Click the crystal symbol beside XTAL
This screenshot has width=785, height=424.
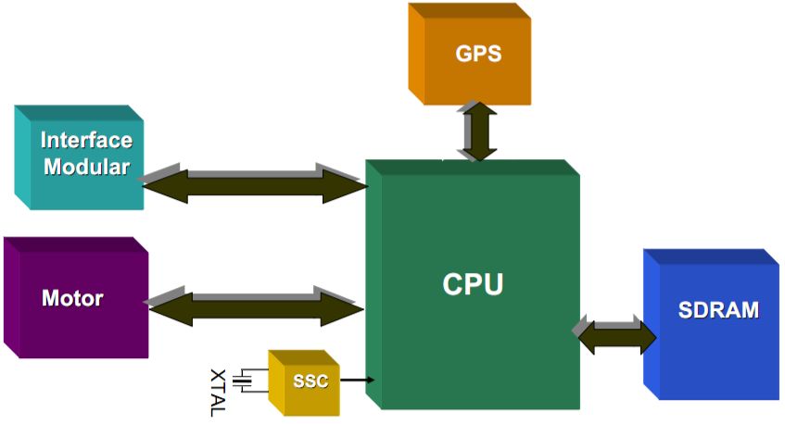(244, 380)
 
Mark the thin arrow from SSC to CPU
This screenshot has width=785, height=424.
(357, 380)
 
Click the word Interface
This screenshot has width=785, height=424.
(85, 142)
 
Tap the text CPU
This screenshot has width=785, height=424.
(472, 283)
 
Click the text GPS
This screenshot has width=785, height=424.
(478, 53)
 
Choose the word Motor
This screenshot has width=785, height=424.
(72, 299)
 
